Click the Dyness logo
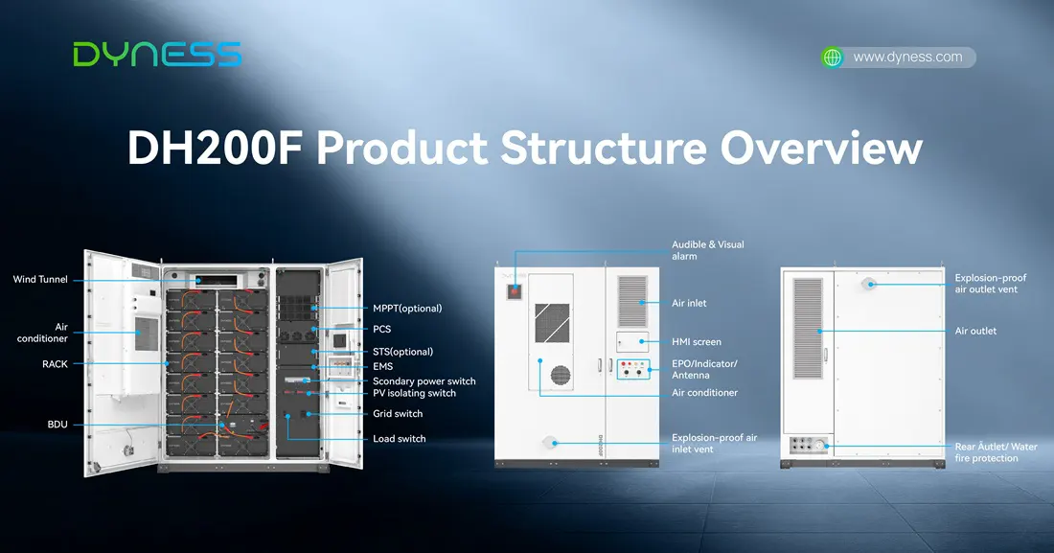(157, 55)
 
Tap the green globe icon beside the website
(832, 58)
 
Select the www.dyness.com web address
(907, 58)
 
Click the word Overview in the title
(821, 148)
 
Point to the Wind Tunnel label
(40, 279)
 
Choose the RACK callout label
(56, 364)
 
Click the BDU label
(57, 425)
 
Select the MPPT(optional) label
(407, 309)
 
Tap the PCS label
(381, 329)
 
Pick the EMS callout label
(382, 367)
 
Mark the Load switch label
(400, 439)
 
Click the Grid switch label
(398, 414)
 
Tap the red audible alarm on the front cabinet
(515, 291)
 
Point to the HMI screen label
(697, 342)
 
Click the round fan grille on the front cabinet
(561, 376)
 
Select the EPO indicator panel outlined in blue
(633, 369)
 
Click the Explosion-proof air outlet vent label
(990, 284)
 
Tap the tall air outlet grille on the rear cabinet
(808, 328)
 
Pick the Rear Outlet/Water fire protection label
(996, 452)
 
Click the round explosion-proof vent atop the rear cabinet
(869, 284)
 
